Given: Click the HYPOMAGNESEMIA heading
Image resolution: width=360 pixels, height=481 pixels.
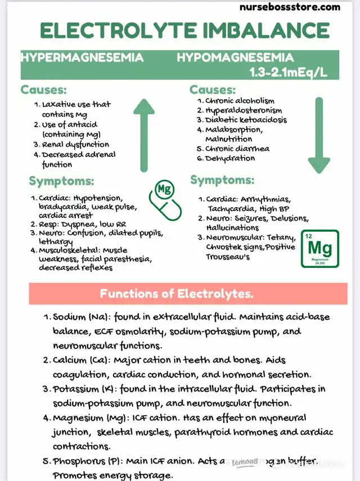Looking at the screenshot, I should coord(235,57).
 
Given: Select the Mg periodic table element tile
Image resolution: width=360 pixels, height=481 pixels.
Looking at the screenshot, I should coord(320,248).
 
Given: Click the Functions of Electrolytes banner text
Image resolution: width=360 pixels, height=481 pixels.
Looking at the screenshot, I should coord(176,293).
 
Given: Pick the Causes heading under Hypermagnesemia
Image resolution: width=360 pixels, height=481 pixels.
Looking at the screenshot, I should coord(43,90).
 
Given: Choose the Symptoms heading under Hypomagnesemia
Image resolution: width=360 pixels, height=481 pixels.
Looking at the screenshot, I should coord(222,181).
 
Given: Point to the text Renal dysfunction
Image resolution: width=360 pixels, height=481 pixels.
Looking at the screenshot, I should coord(75,145).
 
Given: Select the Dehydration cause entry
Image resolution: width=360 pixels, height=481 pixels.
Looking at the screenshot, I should coord(230,159).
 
